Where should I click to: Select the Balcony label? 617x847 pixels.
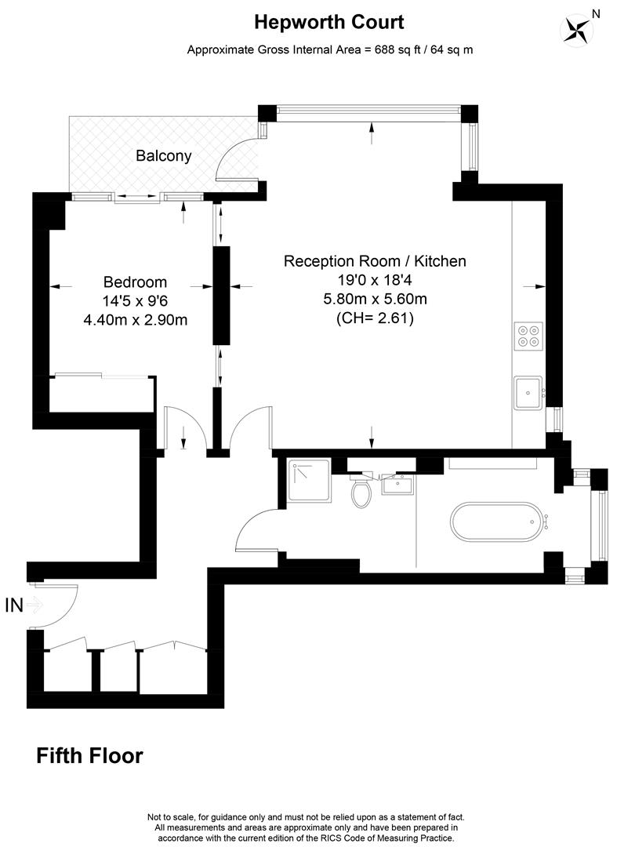pos(164,155)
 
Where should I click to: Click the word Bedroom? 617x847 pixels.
pos(135,282)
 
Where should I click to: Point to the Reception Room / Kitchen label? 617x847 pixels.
pos(374,261)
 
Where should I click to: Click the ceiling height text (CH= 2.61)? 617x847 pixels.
pos(374,318)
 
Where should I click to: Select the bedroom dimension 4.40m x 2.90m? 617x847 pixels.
pos(135,319)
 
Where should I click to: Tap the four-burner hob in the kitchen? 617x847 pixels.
pos(528,335)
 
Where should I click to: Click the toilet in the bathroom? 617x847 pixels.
pos(361,493)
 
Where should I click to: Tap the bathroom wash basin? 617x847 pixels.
pos(397,484)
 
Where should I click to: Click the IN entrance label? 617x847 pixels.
pos(14,605)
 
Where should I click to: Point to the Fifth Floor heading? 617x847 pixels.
pos(90,756)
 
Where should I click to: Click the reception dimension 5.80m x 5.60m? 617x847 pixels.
pos(374,299)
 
